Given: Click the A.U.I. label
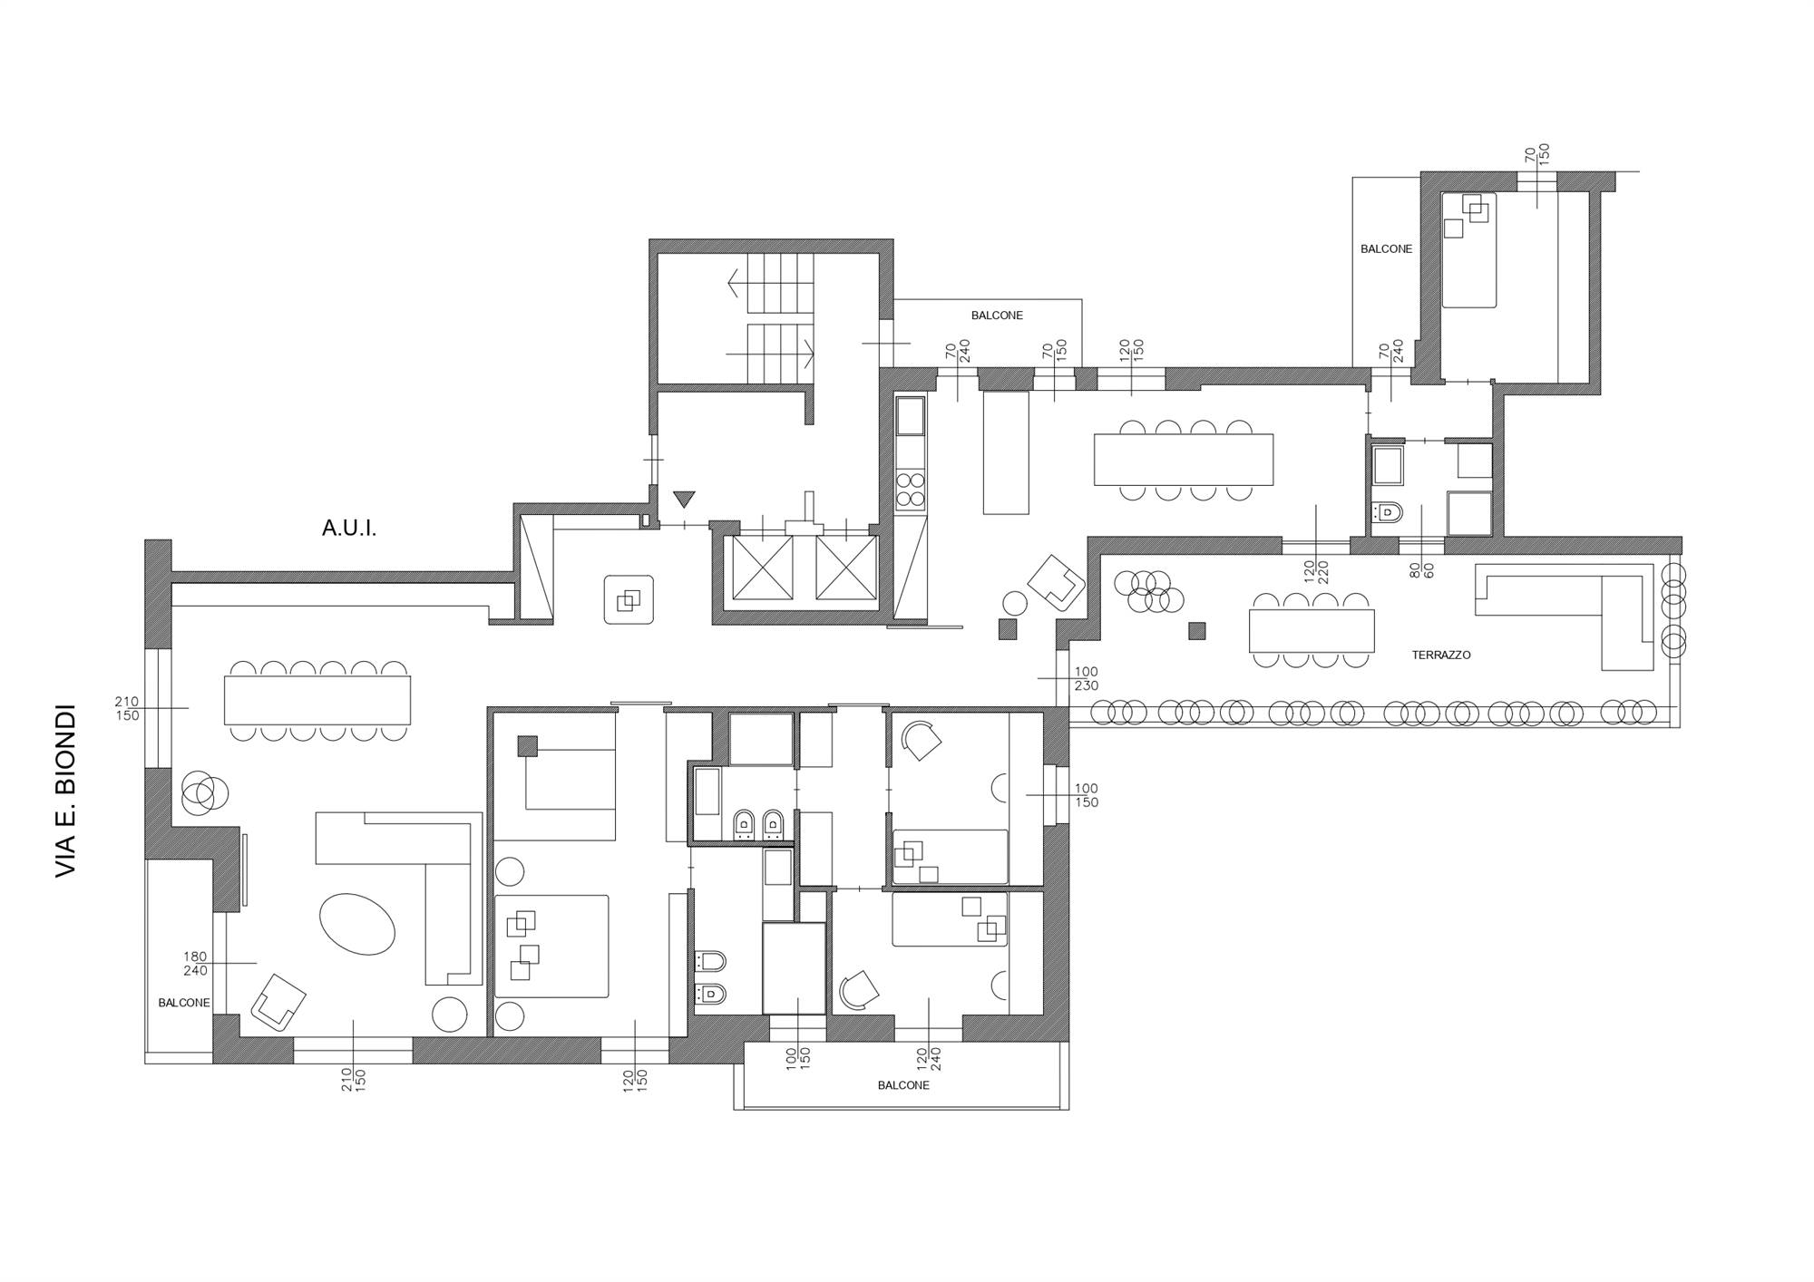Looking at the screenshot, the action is pos(349,529).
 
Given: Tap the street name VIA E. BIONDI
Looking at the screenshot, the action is pos(65,792).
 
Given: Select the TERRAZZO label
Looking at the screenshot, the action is pos(1441,655).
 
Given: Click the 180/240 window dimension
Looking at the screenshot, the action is pos(195,964).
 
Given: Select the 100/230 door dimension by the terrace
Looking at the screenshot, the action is pos(1086,679).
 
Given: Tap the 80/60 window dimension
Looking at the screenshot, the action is pos(1421,569).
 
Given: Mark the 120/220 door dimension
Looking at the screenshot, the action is pos(1316,570).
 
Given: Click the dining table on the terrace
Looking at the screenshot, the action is pos(1312,631).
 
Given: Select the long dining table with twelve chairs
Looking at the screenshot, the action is pos(318,700).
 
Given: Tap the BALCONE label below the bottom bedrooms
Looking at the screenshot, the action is pos(903,1085).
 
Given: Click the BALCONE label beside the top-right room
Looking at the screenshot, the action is pos(1386,248).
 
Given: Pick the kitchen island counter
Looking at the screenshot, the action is pos(1007,452).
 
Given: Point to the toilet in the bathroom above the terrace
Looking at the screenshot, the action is pos(1388,513).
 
